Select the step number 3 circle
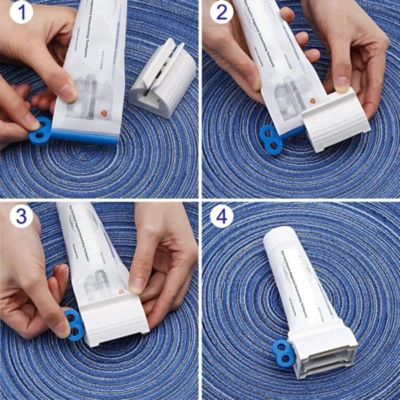click(x=21, y=216)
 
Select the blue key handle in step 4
click(x=284, y=353)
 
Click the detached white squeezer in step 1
click(x=161, y=79)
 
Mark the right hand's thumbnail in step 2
click(x=341, y=83)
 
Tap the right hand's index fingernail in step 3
click(x=137, y=285)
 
